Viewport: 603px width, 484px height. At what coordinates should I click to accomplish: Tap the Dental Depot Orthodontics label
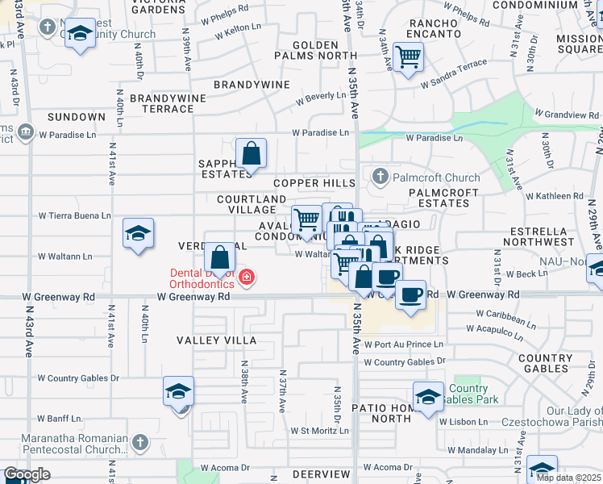(202, 278)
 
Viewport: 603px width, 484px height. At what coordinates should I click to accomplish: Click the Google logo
(27, 474)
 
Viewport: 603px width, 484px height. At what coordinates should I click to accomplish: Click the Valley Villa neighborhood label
(217, 340)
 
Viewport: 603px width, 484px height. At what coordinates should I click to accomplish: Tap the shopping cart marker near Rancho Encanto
(409, 56)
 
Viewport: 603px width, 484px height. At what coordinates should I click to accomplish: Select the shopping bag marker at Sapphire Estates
(251, 152)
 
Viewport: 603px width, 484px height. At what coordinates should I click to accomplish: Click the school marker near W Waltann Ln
(138, 234)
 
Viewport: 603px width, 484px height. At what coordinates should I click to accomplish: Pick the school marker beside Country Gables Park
(428, 395)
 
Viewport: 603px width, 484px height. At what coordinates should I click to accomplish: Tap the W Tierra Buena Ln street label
(75, 215)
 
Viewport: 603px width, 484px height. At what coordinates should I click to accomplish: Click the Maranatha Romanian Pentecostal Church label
(64, 442)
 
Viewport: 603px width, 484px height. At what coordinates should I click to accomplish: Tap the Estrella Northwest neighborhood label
(542, 236)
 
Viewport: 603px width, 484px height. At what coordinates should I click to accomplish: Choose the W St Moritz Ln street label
(319, 431)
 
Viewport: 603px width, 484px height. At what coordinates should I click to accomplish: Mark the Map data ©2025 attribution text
(569, 478)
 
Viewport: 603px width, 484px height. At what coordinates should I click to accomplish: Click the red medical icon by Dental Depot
(247, 279)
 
